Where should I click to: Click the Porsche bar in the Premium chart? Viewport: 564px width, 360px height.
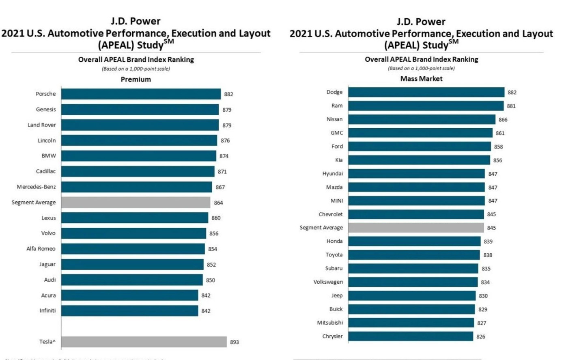pos(141,94)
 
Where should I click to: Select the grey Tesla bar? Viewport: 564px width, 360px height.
pos(144,342)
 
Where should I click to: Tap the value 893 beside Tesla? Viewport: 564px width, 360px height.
pos(235,342)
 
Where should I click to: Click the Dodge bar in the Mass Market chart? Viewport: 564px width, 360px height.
pos(426,92)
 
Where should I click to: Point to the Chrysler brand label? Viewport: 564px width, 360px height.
pos(332,336)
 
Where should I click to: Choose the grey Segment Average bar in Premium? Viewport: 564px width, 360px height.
pos(136,203)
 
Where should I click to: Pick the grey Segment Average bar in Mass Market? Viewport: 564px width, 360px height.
pos(416,228)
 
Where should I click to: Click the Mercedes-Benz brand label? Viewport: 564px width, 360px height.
pos(36,187)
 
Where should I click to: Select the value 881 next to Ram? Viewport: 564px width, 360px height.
pos(511,106)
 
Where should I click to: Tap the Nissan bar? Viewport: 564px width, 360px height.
pos(422,119)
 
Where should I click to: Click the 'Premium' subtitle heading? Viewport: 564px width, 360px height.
pos(136,80)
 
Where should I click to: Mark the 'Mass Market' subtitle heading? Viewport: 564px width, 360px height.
pos(421,79)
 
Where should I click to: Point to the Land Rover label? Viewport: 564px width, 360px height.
pos(41,125)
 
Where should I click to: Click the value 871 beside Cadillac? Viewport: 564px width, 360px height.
pos(222,172)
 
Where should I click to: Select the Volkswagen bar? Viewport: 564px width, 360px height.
pos(413,282)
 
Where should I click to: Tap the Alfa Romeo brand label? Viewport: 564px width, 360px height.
pos(41,249)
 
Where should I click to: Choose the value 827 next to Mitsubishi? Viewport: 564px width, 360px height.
pos(482,323)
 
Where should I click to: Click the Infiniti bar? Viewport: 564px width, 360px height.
pos(129,311)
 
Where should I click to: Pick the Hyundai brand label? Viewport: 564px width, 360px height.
pos(332,174)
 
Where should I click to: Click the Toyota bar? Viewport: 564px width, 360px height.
pos(414,255)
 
